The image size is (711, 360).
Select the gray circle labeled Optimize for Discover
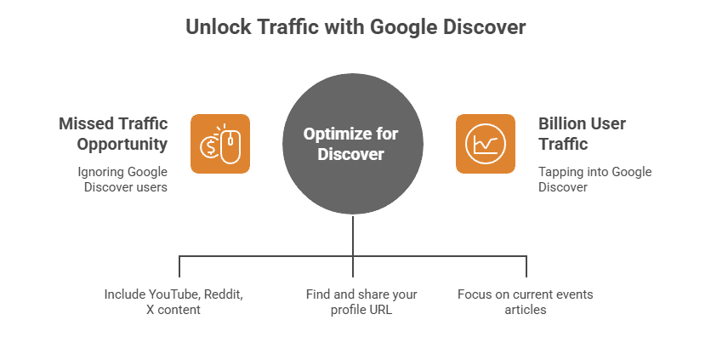tap(352, 144)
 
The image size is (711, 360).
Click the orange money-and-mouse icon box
tap(220, 144)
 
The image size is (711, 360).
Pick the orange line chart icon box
tap(485, 144)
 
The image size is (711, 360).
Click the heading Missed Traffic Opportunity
tap(114, 132)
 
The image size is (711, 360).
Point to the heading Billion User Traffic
tap(582, 132)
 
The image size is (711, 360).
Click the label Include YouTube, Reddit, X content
tap(173, 302)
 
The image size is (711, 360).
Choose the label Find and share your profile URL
tap(361, 302)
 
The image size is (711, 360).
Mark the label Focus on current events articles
tap(525, 302)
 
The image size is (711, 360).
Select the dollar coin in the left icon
tap(208, 147)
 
